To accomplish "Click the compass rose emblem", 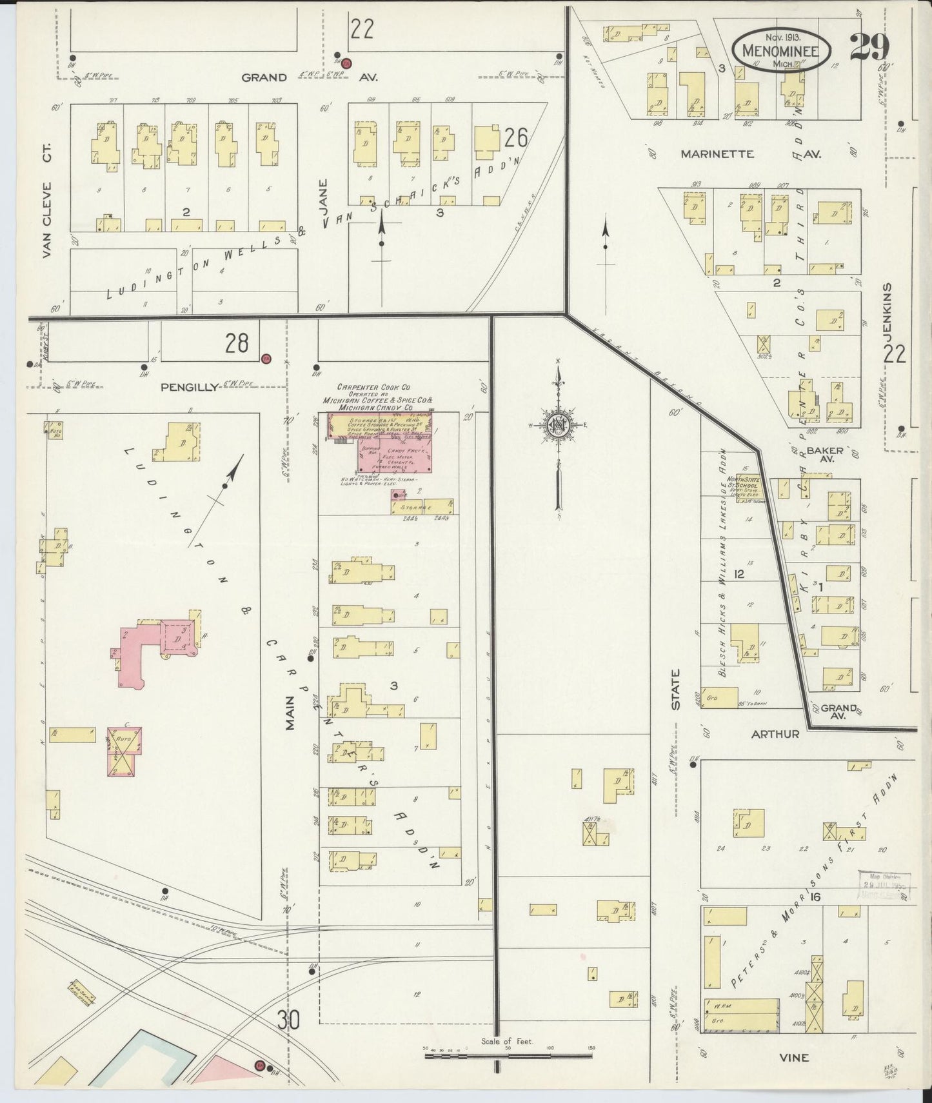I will pos(559,426).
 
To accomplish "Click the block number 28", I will pos(237,343).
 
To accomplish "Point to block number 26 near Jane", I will pos(517,137).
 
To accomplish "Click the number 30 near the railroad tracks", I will pos(290,1020).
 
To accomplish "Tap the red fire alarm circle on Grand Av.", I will pos(346,63).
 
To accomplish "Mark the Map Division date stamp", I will pos(884,885).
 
